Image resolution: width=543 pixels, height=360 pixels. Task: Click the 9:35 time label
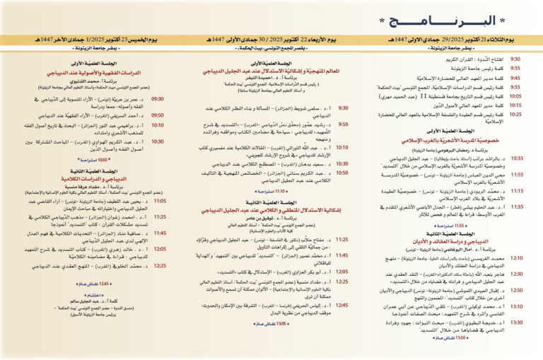[516, 69]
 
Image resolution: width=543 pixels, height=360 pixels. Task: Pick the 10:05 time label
[516, 95]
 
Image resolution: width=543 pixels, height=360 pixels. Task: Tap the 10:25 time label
[516, 113]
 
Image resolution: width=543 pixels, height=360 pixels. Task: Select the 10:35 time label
[517, 158]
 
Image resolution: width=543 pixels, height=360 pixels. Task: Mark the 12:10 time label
[517, 259]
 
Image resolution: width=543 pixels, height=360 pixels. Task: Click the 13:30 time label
[517, 322]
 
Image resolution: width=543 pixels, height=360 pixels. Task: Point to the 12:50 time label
[517, 290]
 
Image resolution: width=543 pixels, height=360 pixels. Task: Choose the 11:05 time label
[159, 201]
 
